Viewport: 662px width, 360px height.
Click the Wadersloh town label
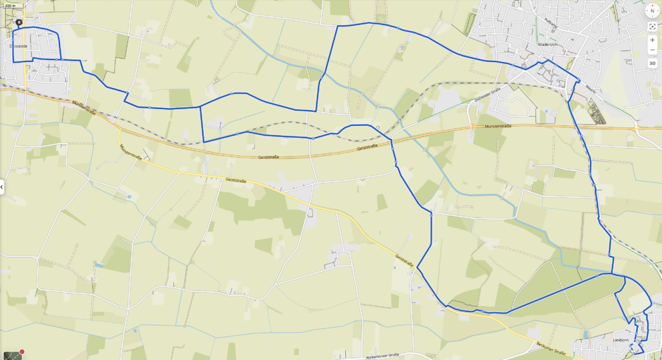pos(548,45)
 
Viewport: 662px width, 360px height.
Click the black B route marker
pos(19,22)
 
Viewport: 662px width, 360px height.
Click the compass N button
pos(652,11)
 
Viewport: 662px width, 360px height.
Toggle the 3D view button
pos(652,63)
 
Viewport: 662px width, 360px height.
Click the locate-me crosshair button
pos(652,26)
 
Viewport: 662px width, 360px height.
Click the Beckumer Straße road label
pos(551,346)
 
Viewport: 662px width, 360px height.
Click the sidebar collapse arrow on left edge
pos(2,187)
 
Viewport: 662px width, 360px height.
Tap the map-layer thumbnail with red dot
pos(12,354)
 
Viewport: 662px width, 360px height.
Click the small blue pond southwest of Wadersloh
pos(546,111)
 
